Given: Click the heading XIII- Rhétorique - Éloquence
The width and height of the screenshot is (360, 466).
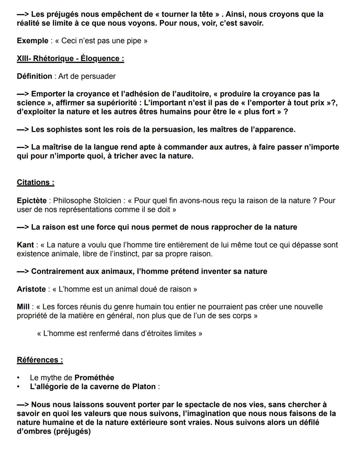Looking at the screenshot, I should click(x=70, y=59).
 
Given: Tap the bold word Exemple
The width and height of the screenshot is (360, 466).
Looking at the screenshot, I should click(x=32, y=41).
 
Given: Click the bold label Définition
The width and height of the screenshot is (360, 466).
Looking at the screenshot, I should click(x=34, y=76).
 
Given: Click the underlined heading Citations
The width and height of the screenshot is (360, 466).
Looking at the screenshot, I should click(x=35, y=182).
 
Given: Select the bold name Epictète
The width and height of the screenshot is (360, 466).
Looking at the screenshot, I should click(x=32, y=200).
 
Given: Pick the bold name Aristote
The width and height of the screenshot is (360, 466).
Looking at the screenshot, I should click(x=31, y=289).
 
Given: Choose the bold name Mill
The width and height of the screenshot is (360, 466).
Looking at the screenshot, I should click(x=23, y=307).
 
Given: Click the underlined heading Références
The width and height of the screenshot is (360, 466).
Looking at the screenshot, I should click(x=40, y=360).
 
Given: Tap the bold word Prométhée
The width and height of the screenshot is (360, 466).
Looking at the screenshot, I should click(x=94, y=378).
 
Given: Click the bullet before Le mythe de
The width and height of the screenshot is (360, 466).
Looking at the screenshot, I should click(x=19, y=378).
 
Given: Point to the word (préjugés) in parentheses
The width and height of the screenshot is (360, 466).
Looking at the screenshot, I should click(x=72, y=431).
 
